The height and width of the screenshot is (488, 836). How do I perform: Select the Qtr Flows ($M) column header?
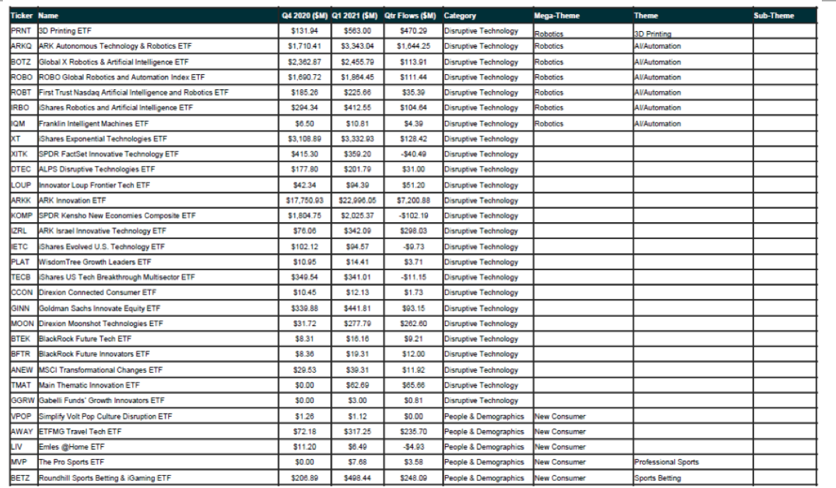(410, 16)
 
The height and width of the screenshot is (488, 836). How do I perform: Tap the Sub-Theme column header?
(774, 16)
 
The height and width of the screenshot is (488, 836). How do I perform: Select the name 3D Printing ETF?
(65, 31)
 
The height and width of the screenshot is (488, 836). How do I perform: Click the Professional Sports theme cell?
(666, 463)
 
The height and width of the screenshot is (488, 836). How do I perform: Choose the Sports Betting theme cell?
(657, 478)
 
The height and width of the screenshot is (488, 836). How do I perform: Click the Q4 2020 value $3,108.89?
(306, 139)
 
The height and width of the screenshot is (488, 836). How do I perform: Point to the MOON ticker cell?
(23, 323)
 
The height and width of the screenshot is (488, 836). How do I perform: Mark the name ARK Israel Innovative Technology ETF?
(103, 231)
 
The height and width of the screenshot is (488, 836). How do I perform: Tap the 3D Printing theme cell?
(653, 33)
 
